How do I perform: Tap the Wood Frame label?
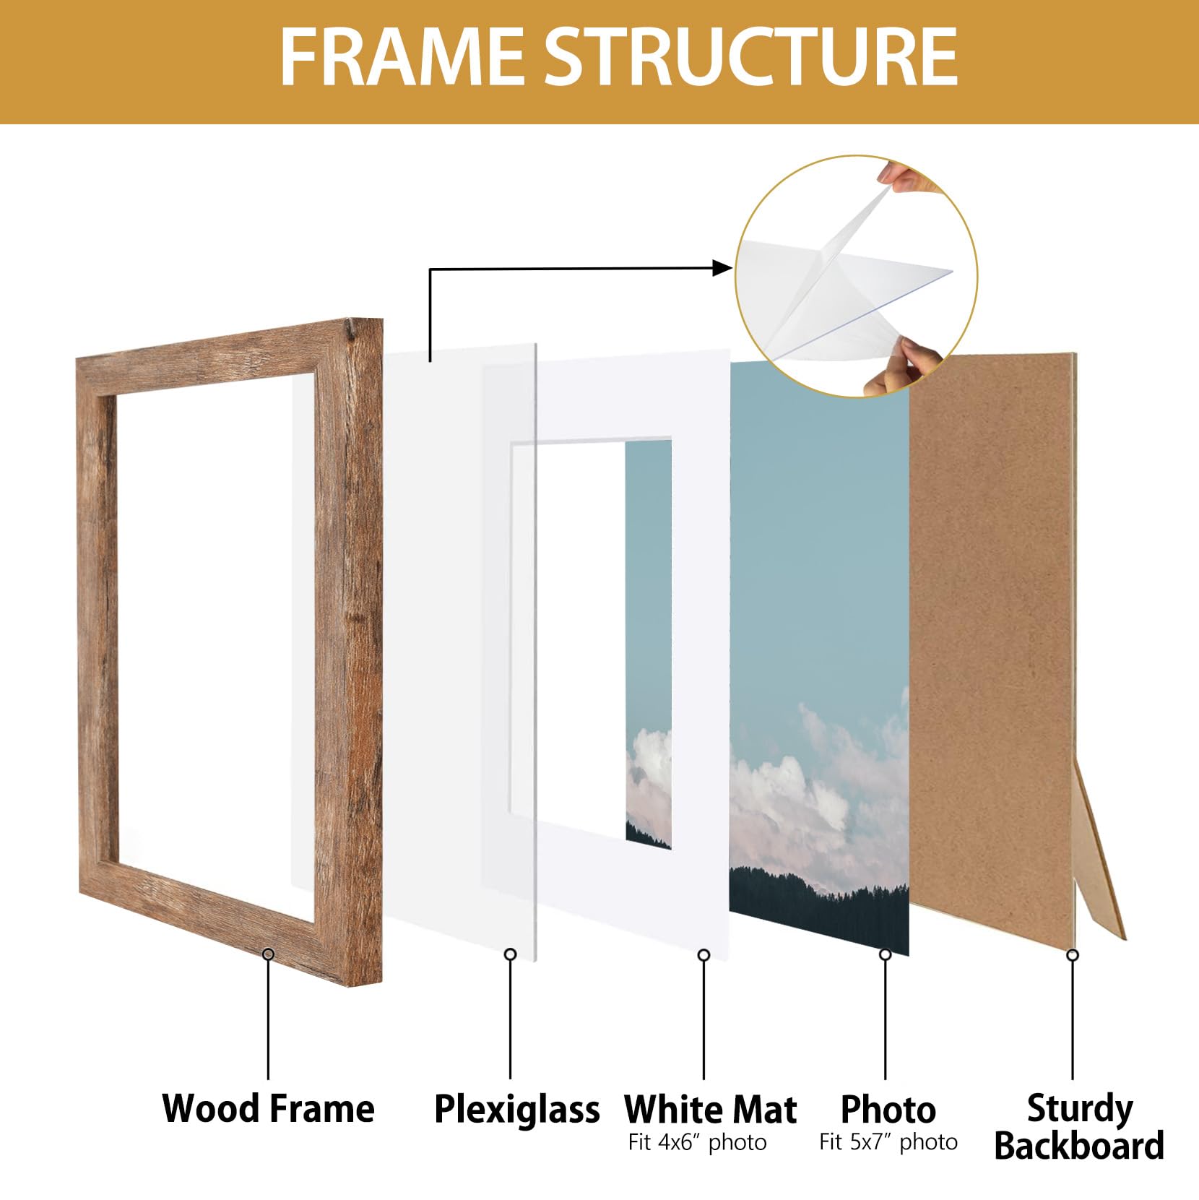coord(269,1108)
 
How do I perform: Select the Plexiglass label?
coord(516,1110)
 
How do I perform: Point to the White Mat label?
coord(711,1109)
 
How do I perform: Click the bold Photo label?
coord(888,1109)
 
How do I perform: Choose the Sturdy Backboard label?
coord(1079,1127)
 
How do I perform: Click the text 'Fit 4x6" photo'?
coord(697,1143)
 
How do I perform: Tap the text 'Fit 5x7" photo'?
coord(888,1142)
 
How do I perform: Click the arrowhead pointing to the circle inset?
coord(723,268)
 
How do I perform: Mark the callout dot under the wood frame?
coord(269,954)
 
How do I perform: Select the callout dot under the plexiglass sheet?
coord(510,954)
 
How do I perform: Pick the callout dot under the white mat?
coord(704,955)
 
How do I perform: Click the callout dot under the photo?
coord(886,955)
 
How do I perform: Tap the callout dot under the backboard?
coord(1073,955)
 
